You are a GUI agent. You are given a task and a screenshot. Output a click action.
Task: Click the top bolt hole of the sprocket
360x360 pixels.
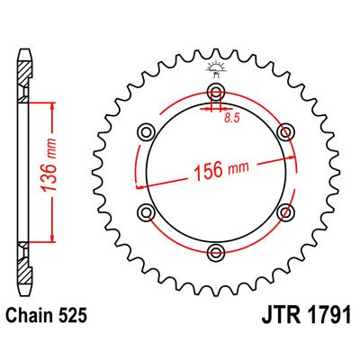[x=215, y=94]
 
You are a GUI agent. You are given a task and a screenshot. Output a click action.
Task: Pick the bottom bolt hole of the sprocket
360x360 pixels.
[x=215, y=250]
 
